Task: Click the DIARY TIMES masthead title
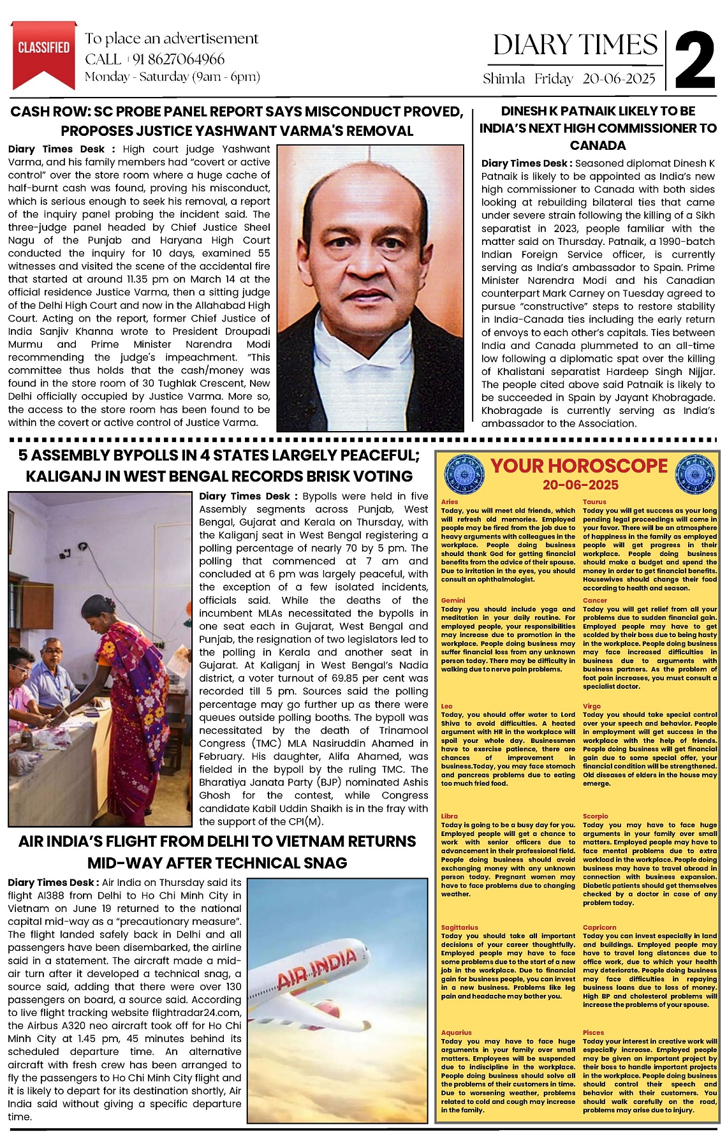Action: (x=575, y=45)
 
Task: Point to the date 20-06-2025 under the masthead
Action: (x=619, y=78)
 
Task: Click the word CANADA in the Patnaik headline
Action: (x=598, y=145)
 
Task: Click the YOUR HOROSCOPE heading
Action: (x=579, y=466)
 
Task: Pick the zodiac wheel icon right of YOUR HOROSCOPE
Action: (x=694, y=473)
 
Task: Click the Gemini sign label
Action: (x=453, y=600)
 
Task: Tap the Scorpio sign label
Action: (x=595, y=816)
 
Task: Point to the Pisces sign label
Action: (x=593, y=1032)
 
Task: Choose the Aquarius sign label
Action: (x=456, y=1032)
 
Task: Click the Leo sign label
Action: (x=447, y=706)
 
